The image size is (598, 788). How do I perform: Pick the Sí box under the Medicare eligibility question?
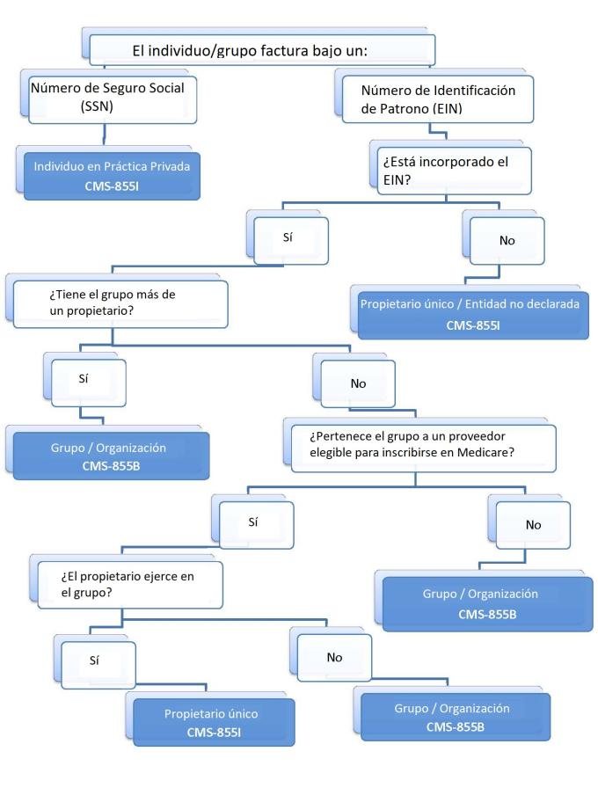pyautogui.click(x=253, y=522)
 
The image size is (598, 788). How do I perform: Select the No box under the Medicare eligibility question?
pyautogui.click(x=533, y=524)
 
